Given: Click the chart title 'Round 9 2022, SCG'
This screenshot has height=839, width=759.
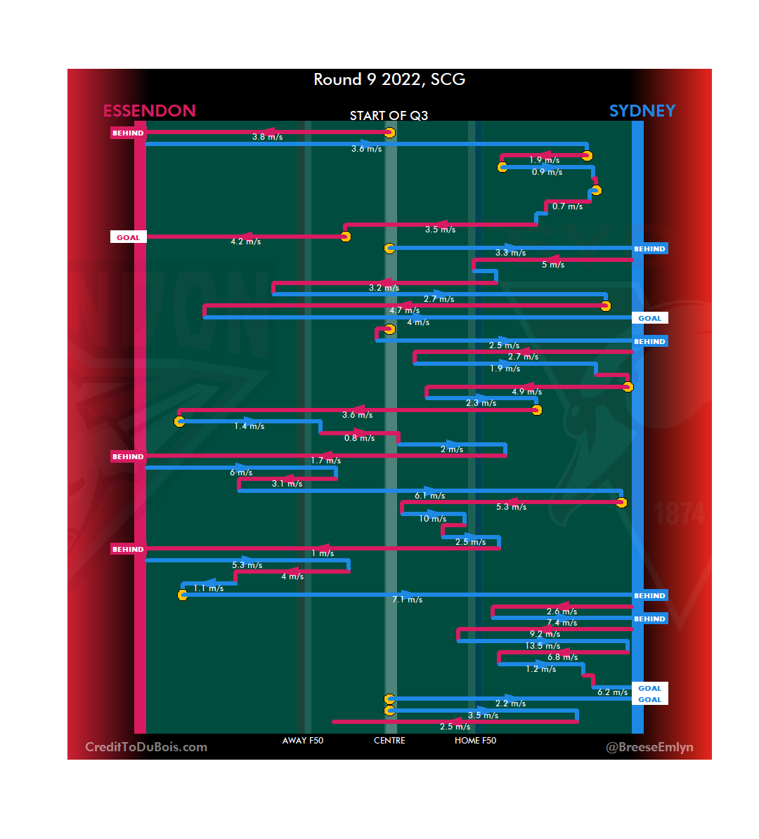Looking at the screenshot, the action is pos(389,79).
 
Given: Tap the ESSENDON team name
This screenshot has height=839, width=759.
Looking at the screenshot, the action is pos(149,111).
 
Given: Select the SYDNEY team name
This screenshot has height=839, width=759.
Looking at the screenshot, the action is pos(642,111).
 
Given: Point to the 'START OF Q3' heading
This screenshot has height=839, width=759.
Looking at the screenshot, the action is pos(389,116).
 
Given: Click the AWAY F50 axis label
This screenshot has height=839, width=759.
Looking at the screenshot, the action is pos(302,741).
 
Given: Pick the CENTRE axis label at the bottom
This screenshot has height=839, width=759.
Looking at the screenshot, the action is pos(389,741).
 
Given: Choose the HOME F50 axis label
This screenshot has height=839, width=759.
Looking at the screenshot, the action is pos(475,741).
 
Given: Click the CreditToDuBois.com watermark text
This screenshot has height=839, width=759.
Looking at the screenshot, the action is pos(146,747).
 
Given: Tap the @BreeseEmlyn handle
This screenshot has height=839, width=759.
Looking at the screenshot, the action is pos(649,747).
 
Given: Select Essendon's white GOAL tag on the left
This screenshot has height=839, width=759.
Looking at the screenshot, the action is pos(128,237).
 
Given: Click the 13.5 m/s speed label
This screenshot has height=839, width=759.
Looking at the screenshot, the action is pos(543,646).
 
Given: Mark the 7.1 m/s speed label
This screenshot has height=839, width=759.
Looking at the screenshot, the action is pos(408,600).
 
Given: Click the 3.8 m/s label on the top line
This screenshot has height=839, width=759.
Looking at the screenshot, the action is pos(267,137).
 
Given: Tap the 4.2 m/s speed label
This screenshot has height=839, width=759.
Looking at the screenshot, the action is pos(245,242).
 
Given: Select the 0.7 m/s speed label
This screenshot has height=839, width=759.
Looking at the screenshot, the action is pos(567,206).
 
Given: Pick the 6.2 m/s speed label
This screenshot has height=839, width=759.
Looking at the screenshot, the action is pos(612,692).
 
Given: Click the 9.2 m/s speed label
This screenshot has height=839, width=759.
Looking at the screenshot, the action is pos(545,634).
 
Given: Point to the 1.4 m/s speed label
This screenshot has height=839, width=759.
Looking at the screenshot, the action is pos(249,426).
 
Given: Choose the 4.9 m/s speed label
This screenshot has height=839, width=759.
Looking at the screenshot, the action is pos(526,392).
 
